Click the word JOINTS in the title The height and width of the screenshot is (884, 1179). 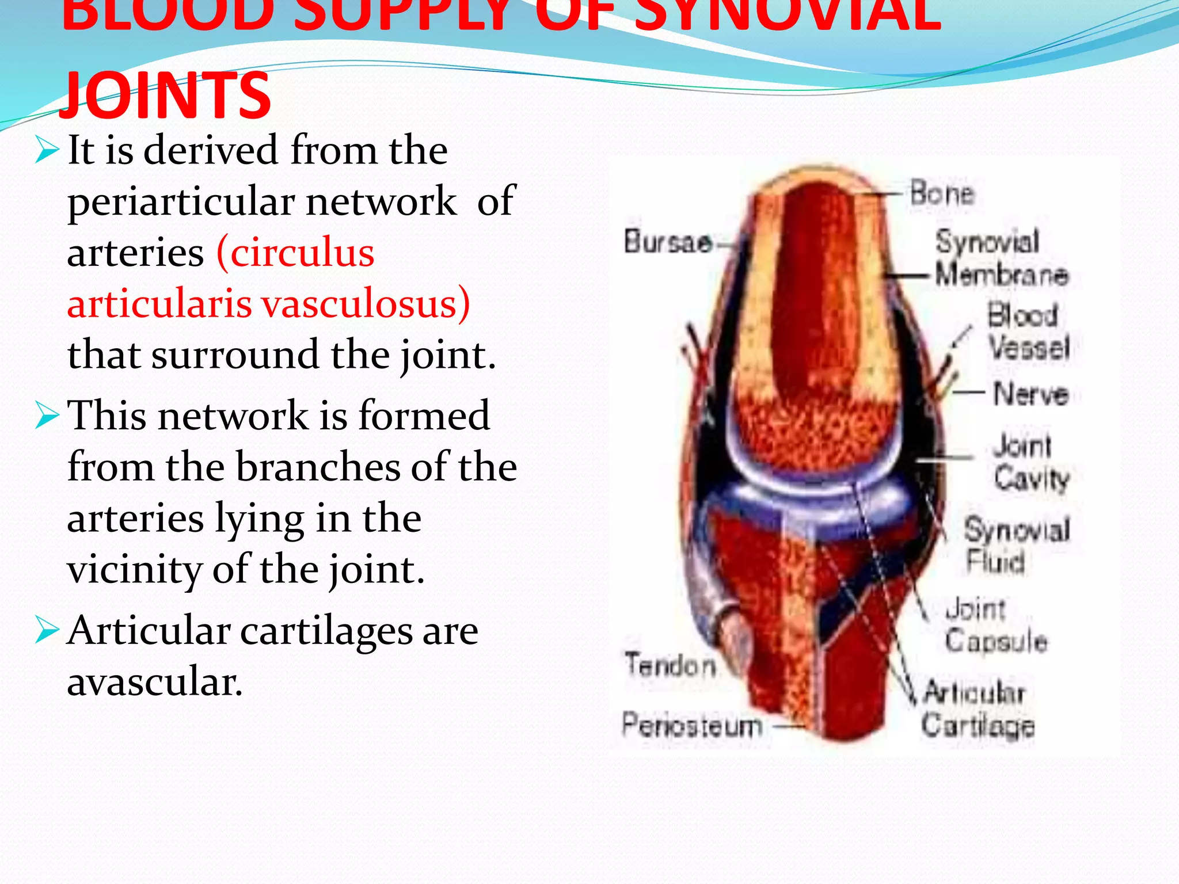pos(165,95)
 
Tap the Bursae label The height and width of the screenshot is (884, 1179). pos(668,241)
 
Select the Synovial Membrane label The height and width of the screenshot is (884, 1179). pos(1001,258)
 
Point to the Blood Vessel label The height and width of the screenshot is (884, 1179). pos(1028,331)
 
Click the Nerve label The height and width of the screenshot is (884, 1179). pos(1030,394)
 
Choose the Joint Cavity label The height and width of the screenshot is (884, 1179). pos(1030,462)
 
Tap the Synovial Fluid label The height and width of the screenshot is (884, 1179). pos(1017,544)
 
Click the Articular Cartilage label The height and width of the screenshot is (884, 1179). pos(976,709)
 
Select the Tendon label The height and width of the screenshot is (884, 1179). pos(670,665)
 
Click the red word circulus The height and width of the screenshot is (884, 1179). pos(296,253)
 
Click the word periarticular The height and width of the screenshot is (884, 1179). pos(182,203)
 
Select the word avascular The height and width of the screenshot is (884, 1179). pos(154,683)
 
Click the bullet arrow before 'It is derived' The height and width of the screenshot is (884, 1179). pos(47,151)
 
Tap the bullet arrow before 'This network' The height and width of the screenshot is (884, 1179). pos(47,416)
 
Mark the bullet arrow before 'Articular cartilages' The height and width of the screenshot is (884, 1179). pos(47,631)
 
